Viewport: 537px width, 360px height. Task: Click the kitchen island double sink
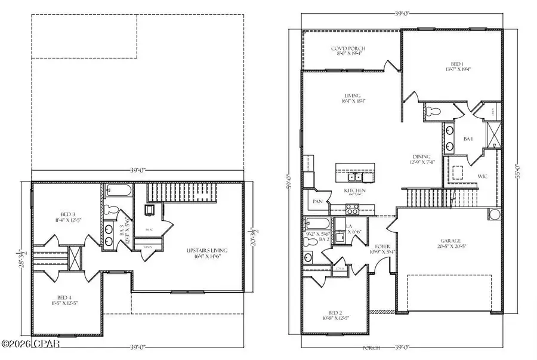[355, 177]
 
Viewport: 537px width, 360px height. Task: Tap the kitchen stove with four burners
[351, 208]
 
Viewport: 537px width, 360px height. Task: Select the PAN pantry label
[317, 202]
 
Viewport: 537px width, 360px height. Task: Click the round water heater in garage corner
[495, 214]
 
